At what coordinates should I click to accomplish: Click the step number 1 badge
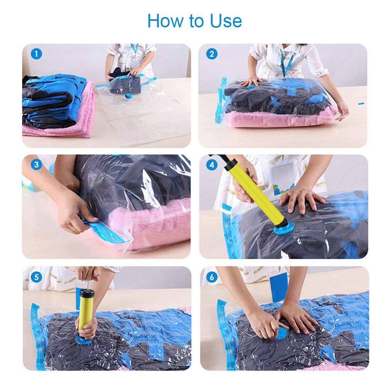click(36, 54)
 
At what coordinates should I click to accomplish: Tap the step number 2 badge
click(211, 54)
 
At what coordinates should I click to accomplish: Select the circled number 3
click(36, 165)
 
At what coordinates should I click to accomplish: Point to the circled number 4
click(211, 165)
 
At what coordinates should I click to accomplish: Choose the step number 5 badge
click(36, 276)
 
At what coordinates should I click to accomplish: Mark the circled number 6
click(211, 276)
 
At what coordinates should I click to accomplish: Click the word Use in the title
click(226, 21)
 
